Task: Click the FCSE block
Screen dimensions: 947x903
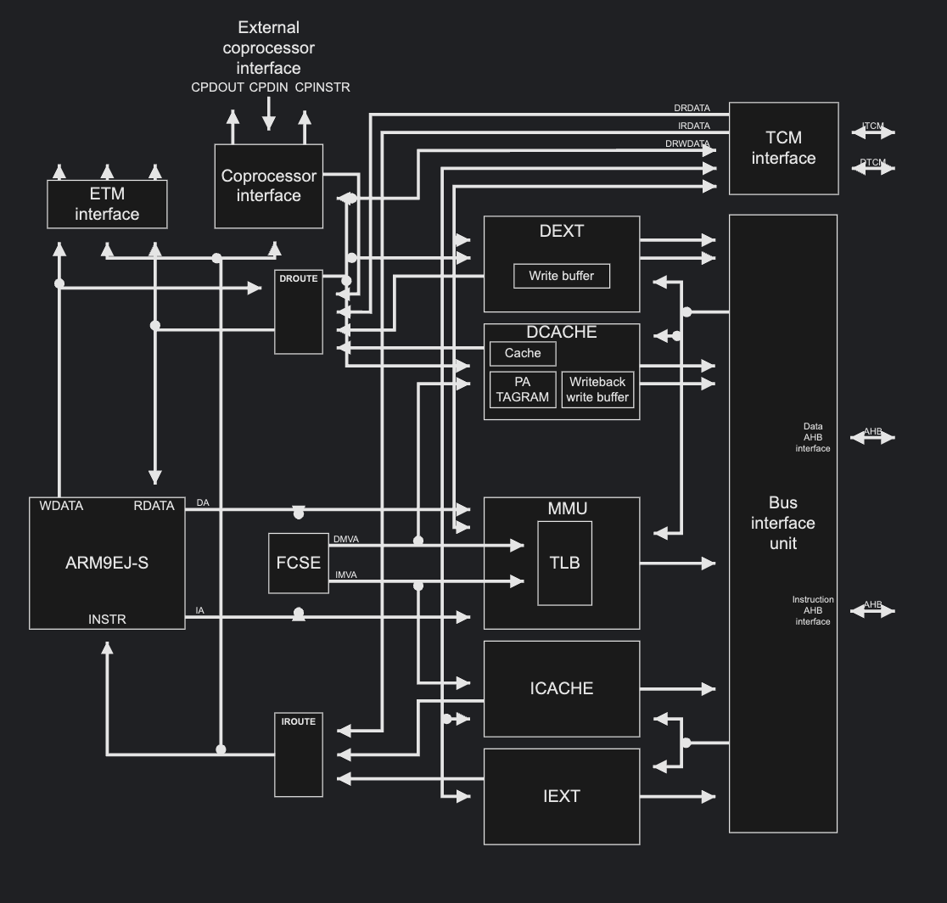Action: point(299,563)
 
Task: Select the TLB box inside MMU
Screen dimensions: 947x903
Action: point(564,563)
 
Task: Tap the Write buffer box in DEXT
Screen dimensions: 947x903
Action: point(562,276)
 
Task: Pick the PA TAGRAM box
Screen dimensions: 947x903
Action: point(523,390)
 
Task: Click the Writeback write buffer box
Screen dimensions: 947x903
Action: point(597,390)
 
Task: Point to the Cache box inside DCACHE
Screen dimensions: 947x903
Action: point(523,353)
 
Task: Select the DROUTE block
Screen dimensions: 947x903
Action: point(299,311)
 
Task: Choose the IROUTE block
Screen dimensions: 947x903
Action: point(299,754)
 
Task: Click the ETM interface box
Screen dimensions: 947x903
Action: point(107,205)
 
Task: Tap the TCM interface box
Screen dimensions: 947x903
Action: point(783,149)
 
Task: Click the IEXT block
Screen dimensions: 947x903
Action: point(562,797)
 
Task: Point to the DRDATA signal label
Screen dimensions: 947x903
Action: point(692,108)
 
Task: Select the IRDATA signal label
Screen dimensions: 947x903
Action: point(694,126)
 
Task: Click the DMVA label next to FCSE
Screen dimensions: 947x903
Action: point(346,539)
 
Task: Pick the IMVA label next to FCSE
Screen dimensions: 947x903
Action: point(346,575)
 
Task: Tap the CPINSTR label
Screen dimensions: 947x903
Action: point(322,87)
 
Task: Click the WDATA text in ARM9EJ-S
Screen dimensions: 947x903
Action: point(61,506)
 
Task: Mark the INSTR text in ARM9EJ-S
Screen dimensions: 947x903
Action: point(107,619)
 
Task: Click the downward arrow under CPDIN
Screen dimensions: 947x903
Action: point(269,113)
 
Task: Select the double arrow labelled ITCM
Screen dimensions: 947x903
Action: point(872,132)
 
